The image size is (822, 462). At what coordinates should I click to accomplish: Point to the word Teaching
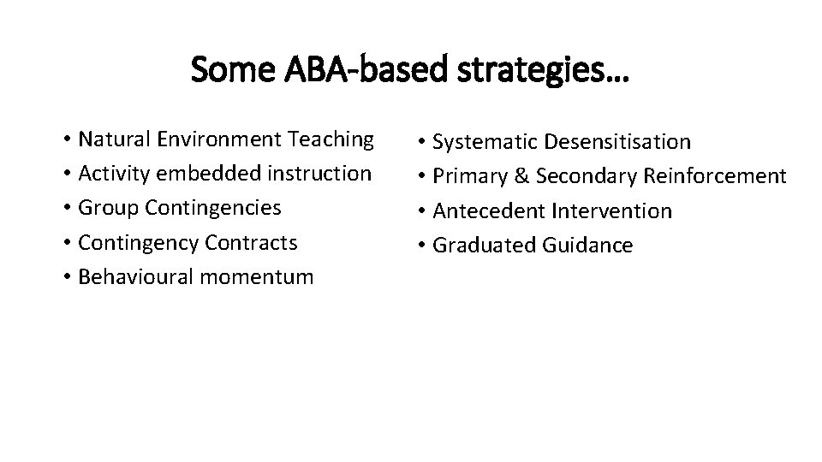click(x=331, y=139)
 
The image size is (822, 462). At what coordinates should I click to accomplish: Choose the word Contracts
click(x=252, y=243)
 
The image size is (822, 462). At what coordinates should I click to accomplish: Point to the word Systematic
click(x=485, y=141)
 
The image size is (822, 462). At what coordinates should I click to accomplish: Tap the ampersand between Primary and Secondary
click(x=521, y=176)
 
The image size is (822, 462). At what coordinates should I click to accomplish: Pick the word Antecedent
click(x=489, y=210)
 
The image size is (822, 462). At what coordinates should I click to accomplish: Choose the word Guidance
click(x=587, y=246)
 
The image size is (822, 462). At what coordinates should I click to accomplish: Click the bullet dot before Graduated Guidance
click(x=424, y=246)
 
